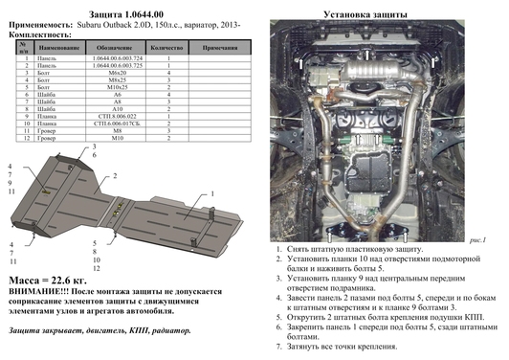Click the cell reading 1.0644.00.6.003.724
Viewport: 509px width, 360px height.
click(125, 58)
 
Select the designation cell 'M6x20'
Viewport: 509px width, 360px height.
click(125, 74)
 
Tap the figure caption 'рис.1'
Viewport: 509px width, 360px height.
click(474, 238)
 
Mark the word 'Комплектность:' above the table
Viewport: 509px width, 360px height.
click(33, 32)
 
